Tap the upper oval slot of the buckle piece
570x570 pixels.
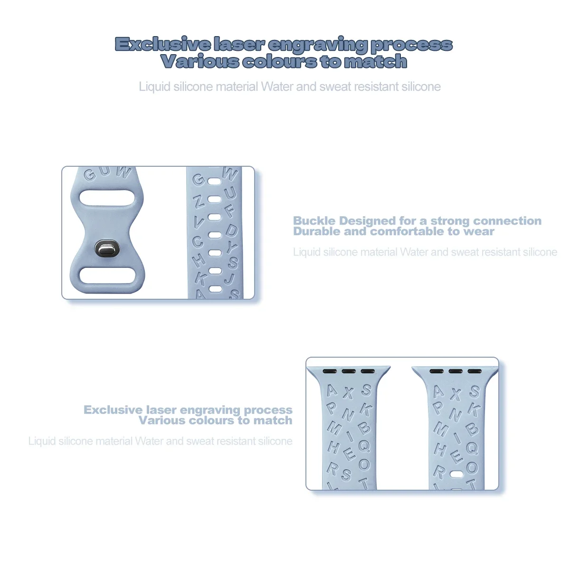click(107, 198)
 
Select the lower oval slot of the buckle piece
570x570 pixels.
click(107, 276)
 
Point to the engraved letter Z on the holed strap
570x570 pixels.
click(199, 201)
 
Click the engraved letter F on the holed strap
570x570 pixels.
click(230, 210)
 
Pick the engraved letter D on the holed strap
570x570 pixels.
click(231, 230)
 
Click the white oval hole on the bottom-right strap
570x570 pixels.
click(456, 474)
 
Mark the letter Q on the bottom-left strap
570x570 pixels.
click(364, 446)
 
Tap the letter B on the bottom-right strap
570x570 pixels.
click(472, 429)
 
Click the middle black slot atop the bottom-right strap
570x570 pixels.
click(455, 371)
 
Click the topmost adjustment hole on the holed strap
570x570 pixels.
click(215, 181)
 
